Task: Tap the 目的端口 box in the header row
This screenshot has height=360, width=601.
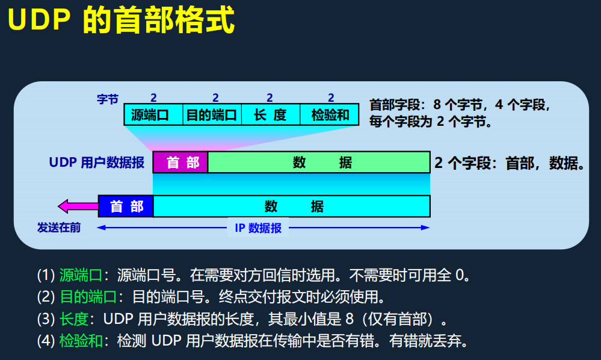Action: pos(212,114)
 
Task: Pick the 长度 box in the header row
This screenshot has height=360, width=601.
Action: pos(270,114)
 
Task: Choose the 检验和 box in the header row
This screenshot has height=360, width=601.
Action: pos(330,114)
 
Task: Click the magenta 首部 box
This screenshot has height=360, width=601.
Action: pos(180,163)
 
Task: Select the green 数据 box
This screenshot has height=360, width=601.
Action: pos(319,163)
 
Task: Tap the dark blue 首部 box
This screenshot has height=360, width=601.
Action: pos(126,206)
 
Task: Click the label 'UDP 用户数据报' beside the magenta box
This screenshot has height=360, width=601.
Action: pos(97,163)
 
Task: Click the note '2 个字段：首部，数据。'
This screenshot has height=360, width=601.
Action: pos(509,163)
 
